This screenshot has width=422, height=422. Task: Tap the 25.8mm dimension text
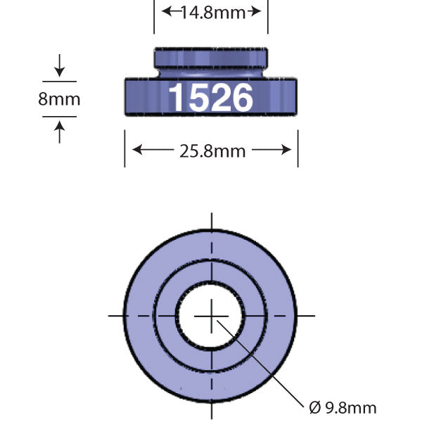pos(212,150)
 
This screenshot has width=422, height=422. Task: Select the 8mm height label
pos(59,99)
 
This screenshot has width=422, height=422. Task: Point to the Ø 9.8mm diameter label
pos(343,407)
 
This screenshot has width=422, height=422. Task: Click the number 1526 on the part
pos(210,98)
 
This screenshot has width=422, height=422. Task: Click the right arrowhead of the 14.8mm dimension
pos(257,11)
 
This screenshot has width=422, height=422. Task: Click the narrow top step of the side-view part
pos(211,56)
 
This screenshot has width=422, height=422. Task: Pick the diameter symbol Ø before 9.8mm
pos(314,407)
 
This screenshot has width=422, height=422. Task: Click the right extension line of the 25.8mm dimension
pos(298,148)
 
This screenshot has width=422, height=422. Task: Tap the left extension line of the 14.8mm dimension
pos(154,17)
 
